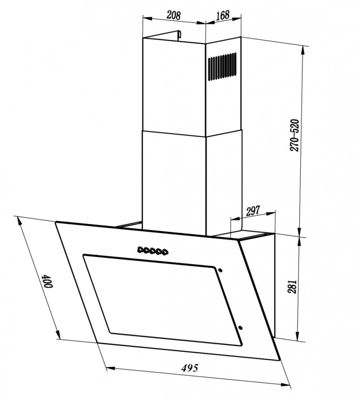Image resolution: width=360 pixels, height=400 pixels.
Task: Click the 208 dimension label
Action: pos(174,16)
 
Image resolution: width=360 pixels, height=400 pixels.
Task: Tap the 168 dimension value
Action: pos(223,15)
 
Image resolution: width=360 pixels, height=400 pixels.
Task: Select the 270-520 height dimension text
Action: pos(294,135)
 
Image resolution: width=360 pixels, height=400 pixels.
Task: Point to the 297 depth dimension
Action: pos(253,211)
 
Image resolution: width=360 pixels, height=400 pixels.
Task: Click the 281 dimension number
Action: pos(292,287)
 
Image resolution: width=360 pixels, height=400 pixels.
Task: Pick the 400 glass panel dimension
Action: pos(48,281)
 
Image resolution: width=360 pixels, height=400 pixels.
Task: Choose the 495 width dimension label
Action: pos(190,367)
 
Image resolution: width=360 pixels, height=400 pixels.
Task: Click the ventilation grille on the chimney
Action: pos(222,66)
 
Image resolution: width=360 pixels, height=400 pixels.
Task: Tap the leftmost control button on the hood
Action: pos(141,249)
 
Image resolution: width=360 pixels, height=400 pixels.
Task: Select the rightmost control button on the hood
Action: pos(165,252)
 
